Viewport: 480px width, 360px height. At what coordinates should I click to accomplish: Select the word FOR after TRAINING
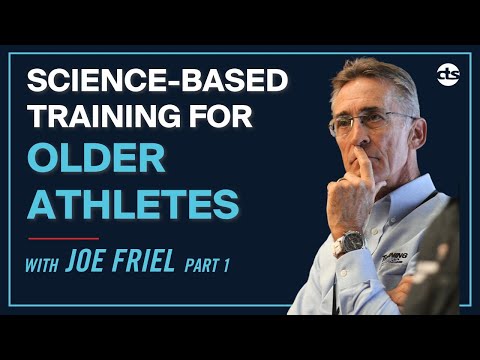(x=248, y=117)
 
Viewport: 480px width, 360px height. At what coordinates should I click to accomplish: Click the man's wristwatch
(x=349, y=243)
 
